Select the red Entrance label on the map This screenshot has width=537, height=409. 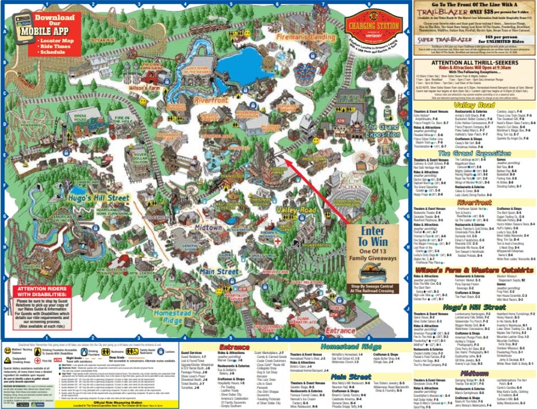click(x=340, y=331)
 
